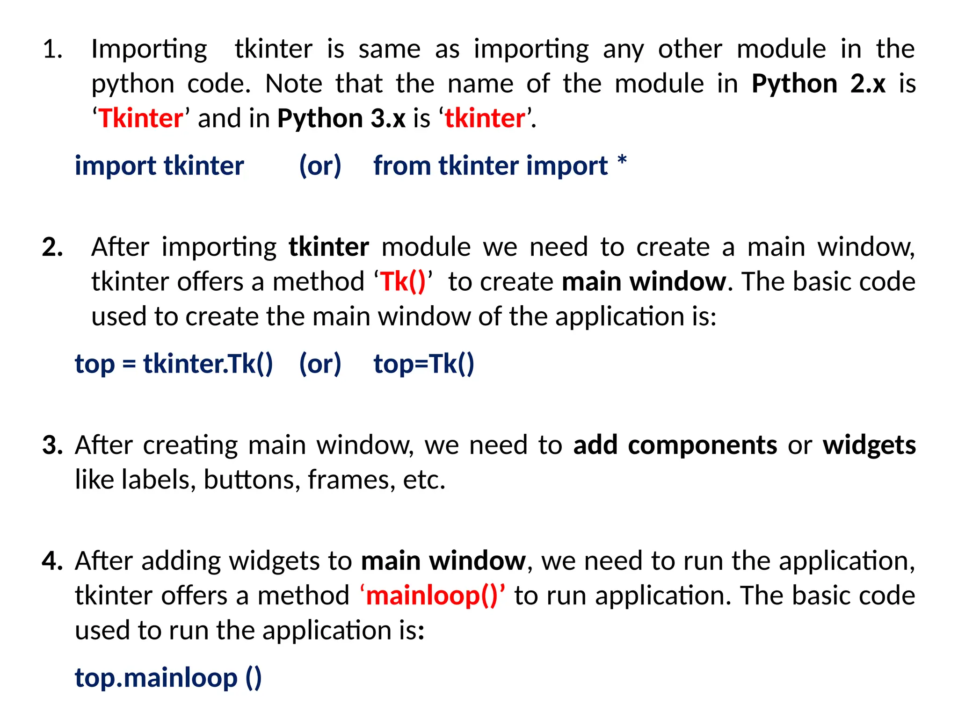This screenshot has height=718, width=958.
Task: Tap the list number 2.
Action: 52,247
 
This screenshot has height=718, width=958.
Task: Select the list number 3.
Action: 52,445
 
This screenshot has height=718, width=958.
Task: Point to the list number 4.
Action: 52,561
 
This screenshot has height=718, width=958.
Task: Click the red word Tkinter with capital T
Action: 141,118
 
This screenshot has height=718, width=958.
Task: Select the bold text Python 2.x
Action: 818,84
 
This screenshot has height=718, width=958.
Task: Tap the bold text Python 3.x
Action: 341,118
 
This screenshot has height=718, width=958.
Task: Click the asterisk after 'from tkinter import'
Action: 622,161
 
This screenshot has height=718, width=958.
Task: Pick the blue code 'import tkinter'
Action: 159,166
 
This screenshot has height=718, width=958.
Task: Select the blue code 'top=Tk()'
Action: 423,364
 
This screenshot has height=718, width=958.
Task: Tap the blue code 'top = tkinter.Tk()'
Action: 174,364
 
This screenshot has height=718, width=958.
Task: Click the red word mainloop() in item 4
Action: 432,596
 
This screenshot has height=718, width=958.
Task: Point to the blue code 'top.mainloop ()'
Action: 168,678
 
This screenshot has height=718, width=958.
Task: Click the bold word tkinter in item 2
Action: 328,247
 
